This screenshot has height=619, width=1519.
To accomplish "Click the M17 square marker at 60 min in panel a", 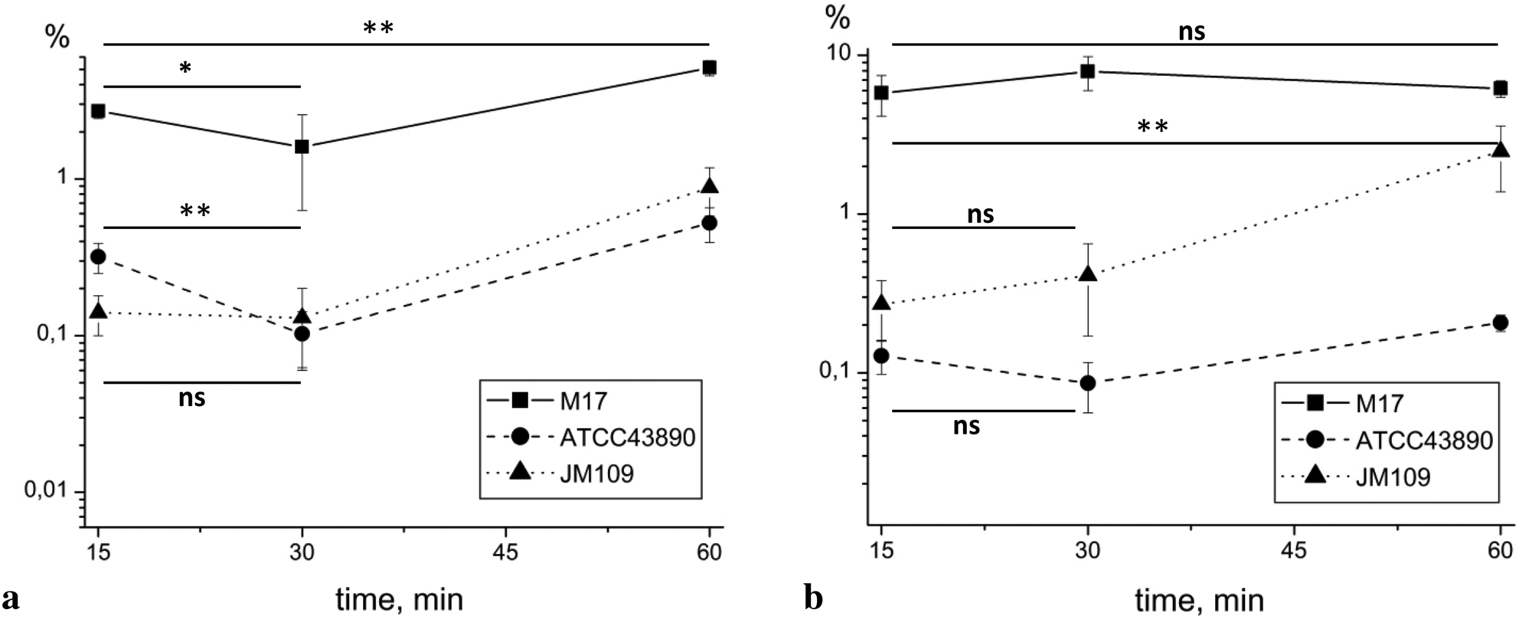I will pos(710,67).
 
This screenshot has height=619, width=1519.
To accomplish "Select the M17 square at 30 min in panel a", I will pos(302,146).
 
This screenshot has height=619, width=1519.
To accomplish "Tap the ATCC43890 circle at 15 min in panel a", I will pos(98,257).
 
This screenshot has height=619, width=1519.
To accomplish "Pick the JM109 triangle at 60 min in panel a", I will pos(710,186).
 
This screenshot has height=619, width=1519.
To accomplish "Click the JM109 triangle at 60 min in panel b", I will pos(1501,149).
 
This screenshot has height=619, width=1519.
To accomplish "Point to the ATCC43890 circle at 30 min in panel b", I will pos(1087,382).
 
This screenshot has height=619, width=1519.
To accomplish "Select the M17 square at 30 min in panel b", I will pos(1087,72).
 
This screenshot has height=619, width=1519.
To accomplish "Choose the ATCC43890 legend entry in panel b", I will pos(1386,440).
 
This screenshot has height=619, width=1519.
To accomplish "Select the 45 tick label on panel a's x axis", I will pos(505,552).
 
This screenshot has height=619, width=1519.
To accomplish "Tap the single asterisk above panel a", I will pos(185,69).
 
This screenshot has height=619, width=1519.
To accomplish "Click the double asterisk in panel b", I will pos(1152,126).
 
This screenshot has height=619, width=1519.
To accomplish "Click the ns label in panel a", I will pos(191,398).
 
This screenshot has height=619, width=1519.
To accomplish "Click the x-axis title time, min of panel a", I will pos(400,599).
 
